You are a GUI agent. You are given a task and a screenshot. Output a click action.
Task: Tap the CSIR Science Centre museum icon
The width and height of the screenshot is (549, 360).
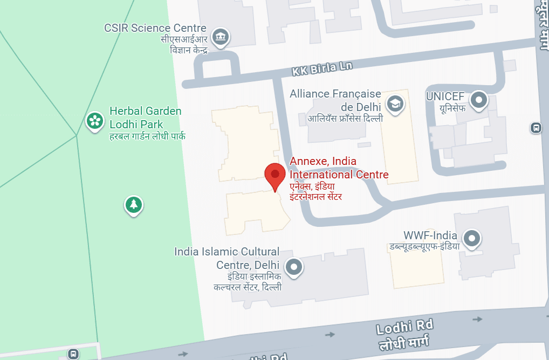221,37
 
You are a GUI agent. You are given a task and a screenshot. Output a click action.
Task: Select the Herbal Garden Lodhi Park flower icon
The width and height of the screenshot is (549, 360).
95,121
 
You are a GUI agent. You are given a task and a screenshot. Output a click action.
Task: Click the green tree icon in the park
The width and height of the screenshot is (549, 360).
133,205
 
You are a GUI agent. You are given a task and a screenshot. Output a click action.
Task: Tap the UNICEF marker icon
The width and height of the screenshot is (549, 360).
478,100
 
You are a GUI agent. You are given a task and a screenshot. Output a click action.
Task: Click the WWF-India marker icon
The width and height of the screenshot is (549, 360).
472,238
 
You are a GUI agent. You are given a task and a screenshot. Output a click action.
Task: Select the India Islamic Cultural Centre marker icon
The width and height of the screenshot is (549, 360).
294,266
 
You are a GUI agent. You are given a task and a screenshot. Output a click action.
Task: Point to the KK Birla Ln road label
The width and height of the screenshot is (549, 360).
322,69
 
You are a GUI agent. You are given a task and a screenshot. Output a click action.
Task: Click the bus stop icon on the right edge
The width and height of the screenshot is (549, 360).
536,128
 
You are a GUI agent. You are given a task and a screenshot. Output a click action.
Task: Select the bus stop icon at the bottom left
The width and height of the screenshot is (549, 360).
73,354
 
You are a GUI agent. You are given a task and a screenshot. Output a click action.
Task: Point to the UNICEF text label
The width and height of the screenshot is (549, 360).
445,96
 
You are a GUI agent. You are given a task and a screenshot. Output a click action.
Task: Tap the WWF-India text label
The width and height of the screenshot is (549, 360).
430,236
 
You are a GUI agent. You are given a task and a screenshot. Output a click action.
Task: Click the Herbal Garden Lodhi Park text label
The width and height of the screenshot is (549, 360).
146,117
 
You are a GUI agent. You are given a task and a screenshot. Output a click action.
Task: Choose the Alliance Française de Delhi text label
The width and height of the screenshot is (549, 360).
335,100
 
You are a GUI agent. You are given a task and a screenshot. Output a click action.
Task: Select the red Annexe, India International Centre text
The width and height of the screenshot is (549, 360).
339,168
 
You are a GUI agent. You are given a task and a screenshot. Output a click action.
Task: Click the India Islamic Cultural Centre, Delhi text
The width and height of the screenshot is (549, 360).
227,258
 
